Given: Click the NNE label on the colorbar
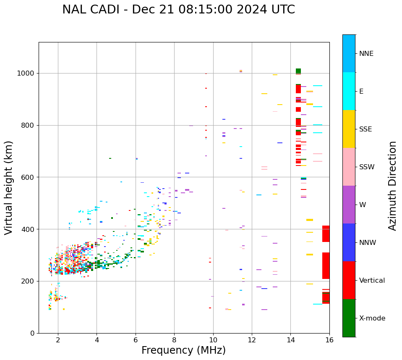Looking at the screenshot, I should click(x=366, y=54).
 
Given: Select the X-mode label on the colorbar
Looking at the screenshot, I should click(x=372, y=318).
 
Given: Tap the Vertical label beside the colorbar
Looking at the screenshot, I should click(x=372, y=281).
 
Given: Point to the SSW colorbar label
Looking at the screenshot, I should click(x=367, y=167).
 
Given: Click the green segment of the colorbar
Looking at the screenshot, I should click(x=349, y=318).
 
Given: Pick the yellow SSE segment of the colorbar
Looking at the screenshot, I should click(x=349, y=129).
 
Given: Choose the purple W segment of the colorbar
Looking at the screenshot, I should click(x=349, y=205).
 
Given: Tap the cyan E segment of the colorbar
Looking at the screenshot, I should click(x=349, y=91).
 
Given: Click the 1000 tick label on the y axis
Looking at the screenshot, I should click(x=26, y=74).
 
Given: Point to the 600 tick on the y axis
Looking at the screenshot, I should click(x=28, y=177).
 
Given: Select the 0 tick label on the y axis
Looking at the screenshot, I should click(x=32, y=333).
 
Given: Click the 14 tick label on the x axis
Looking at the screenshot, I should click(x=291, y=340).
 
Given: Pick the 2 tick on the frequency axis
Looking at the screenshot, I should click(x=58, y=340).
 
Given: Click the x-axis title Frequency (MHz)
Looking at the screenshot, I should click(x=183, y=350).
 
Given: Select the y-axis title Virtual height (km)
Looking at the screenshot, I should click(x=9, y=188).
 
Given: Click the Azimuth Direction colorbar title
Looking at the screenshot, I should click(x=392, y=186).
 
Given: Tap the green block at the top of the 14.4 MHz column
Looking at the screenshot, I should click(x=298, y=71).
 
